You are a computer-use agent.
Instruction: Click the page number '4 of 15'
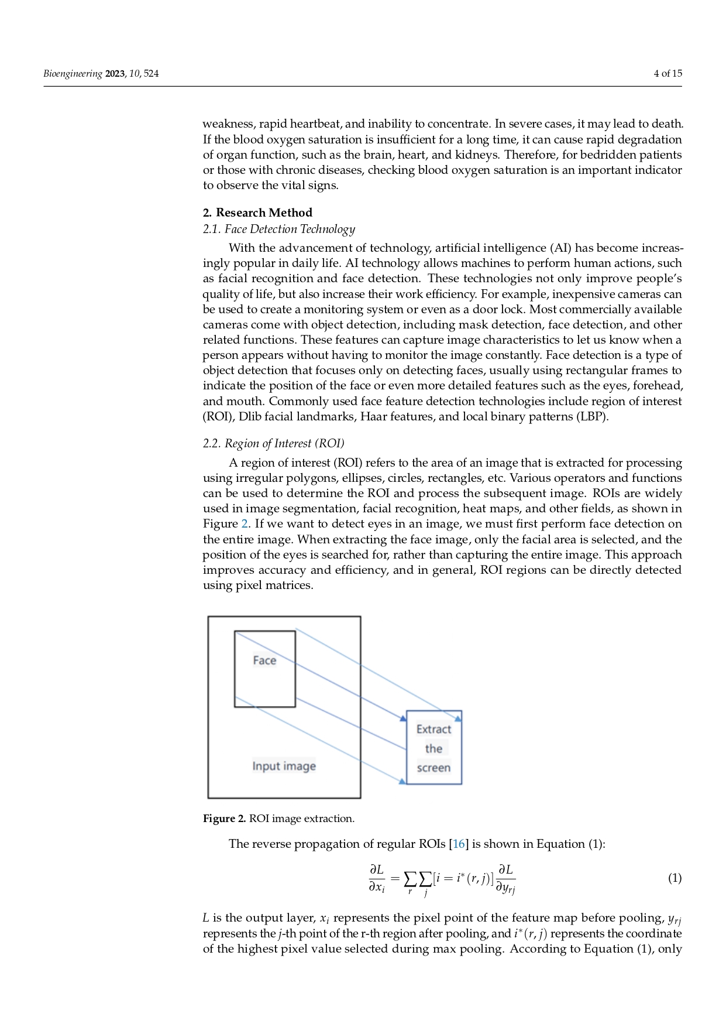tap(667, 74)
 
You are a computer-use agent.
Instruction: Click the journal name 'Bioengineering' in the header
tap(73, 74)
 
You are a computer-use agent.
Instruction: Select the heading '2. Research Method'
tap(257, 213)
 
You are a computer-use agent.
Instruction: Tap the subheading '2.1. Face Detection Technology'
tap(278, 229)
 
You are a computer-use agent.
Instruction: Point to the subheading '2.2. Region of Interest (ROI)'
tap(273, 443)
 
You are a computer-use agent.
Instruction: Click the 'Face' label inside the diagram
tap(264, 660)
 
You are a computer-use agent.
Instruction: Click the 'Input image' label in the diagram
tap(284, 766)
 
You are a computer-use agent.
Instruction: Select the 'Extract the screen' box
tap(433, 748)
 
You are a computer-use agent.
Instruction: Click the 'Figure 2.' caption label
tap(225, 819)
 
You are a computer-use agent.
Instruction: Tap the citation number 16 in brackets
tap(459, 844)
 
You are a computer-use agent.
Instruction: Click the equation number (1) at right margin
tap(675, 878)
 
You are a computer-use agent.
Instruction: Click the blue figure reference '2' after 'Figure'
tap(245, 524)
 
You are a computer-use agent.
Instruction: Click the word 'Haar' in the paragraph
tap(373, 417)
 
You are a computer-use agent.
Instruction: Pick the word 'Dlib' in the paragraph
tap(250, 417)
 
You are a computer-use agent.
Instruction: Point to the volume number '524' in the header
tap(151, 74)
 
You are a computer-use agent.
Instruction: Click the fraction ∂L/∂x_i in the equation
tap(377, 878)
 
